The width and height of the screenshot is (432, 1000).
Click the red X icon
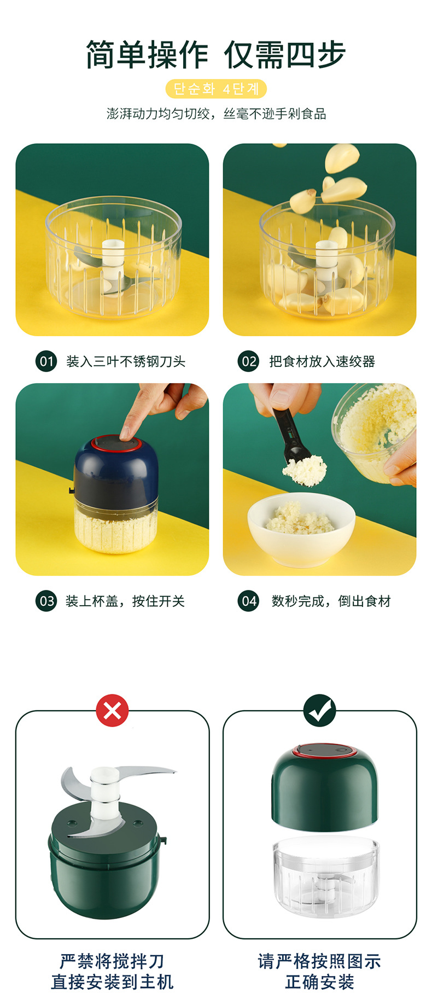point(112,711)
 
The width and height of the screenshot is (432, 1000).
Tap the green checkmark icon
point(320,711)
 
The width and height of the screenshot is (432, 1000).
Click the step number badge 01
point(46,361)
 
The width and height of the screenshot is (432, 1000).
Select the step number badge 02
point(248,361)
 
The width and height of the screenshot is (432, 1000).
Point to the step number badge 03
point(46,601)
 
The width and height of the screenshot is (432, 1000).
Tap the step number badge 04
point(248,601)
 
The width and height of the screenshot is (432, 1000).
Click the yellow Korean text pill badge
point(216,89)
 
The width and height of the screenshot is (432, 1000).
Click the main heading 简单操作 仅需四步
point(216,54)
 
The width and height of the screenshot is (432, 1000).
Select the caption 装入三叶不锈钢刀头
point(126,361)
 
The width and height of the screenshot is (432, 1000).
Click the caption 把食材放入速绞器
point(322,361)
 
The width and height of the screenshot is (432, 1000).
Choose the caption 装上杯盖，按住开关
point(125,601)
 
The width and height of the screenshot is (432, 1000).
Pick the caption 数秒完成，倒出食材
point(331,601)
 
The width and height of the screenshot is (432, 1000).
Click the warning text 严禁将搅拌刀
point(112,961)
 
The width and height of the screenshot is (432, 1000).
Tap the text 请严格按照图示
point(319,961)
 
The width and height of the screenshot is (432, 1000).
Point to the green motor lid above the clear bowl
point(325,788)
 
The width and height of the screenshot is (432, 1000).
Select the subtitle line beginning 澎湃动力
point(216,114)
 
